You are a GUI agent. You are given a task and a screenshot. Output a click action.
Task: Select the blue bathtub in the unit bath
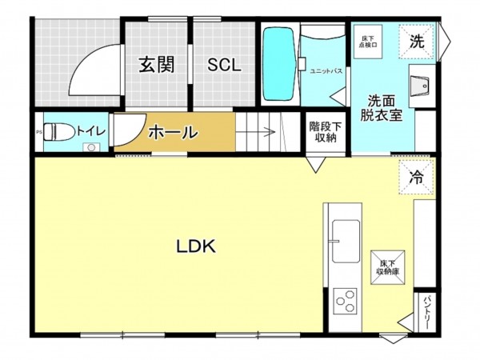tap(278, 63)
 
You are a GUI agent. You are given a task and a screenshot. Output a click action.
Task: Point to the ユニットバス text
tap(326, 71)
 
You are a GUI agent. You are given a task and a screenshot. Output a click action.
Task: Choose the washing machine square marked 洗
tap(418, 39)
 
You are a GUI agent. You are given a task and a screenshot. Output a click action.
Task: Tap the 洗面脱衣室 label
tap(384, 107)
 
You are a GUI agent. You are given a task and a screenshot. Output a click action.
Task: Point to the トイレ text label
tap(89, 129)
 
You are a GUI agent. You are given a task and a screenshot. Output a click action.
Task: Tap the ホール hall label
tap(173, 132)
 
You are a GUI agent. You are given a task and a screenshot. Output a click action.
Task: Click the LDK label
tap(196, 247)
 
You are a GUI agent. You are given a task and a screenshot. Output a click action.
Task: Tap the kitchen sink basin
tap(345, 241)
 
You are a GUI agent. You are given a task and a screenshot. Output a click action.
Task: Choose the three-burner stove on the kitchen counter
tap(345, 302)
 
